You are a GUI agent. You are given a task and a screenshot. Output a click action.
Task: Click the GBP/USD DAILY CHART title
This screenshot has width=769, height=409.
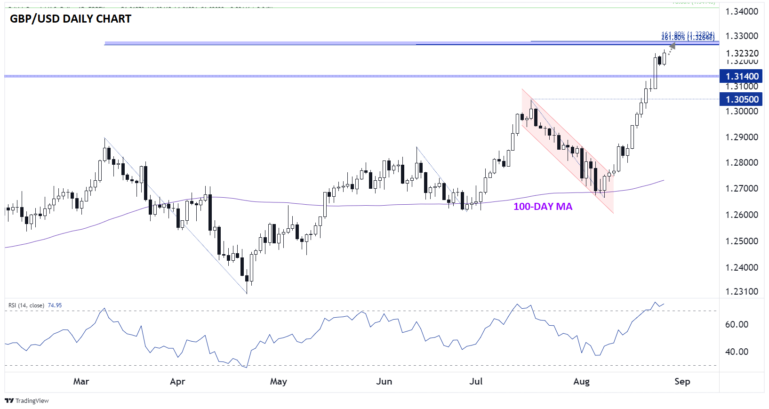71,19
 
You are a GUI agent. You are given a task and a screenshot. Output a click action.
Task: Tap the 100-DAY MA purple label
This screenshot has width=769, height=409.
543,207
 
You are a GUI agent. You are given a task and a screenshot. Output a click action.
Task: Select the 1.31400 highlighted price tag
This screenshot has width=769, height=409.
742,76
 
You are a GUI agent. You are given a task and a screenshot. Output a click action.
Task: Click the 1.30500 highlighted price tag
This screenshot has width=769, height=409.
742,99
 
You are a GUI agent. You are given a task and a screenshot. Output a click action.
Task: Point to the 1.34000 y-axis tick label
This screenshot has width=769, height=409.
742,11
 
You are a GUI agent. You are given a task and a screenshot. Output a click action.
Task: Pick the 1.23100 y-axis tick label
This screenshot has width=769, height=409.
742,291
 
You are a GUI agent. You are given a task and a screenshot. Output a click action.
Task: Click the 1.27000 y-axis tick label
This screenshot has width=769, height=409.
742,188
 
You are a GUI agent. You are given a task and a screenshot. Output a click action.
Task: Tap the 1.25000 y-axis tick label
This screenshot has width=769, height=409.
742,241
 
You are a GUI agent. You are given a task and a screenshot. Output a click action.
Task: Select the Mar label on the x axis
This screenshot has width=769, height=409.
81,381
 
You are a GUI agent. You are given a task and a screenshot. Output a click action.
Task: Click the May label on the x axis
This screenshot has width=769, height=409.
278,381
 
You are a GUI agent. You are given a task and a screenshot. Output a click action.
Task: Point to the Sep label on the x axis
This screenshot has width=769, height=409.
682,381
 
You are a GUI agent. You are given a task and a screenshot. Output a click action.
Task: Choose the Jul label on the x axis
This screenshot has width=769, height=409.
476,381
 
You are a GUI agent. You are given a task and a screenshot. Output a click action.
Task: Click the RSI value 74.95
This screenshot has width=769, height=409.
55,305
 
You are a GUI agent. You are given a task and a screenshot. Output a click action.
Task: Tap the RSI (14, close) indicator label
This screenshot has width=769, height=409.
26,305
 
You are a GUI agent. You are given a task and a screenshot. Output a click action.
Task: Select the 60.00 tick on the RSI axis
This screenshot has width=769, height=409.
737,324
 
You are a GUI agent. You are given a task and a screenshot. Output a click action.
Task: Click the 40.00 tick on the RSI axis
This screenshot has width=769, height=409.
737,352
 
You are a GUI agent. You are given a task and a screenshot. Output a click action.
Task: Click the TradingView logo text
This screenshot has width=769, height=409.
32,401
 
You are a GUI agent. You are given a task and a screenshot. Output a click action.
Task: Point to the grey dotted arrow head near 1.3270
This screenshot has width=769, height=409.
673,46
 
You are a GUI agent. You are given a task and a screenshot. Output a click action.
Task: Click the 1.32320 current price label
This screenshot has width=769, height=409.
742,53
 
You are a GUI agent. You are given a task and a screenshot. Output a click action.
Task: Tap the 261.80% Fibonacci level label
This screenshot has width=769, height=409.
688,38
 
